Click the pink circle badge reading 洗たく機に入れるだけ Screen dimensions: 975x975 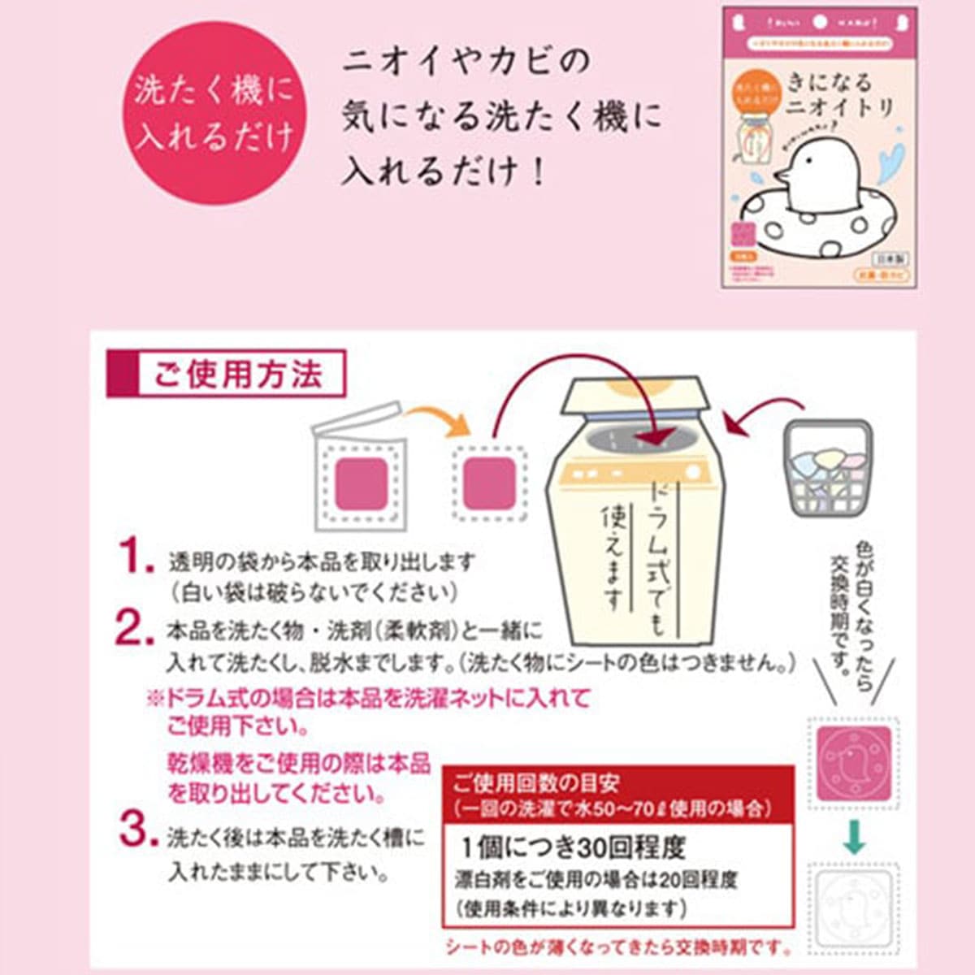214,113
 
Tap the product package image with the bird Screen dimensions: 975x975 820,148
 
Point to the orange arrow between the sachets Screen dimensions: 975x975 437,418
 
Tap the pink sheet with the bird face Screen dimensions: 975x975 853,763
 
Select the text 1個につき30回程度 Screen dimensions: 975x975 574,848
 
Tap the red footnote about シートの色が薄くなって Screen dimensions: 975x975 618,947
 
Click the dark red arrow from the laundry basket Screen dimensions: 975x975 752,423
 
